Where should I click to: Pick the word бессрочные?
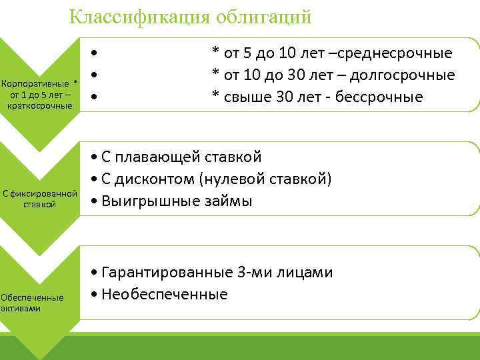pyautogui.click(x=381, y=97)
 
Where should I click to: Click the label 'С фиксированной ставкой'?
pyautogui.click(x=40, y=199)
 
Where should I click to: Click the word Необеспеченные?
pyautogui.click(x=164, y=294)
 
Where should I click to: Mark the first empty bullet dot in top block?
pyautogui.click(x=97, y=53)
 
